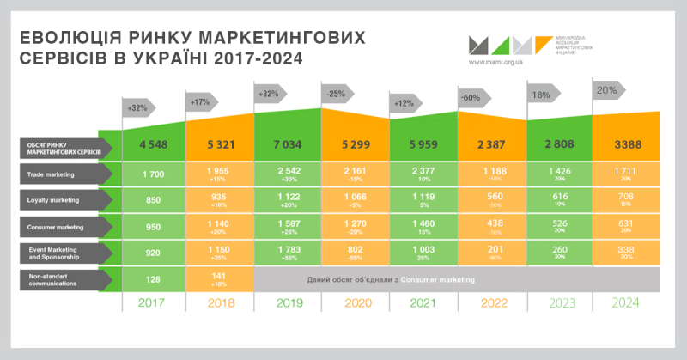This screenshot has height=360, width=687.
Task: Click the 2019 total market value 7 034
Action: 288,143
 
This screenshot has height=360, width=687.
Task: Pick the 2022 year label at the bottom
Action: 492,302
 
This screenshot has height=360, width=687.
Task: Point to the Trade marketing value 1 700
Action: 152,174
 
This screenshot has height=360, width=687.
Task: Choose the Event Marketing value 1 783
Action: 288,251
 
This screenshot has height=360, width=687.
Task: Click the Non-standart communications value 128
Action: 152,279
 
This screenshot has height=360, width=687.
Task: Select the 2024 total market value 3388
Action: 626,143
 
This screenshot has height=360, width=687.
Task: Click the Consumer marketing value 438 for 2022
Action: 492,225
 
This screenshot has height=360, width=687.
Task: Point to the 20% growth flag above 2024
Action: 606,89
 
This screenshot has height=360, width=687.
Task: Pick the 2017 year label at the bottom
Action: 152,302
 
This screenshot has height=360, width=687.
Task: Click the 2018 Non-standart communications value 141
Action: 220,277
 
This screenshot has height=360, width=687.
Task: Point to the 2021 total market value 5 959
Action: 424,143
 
